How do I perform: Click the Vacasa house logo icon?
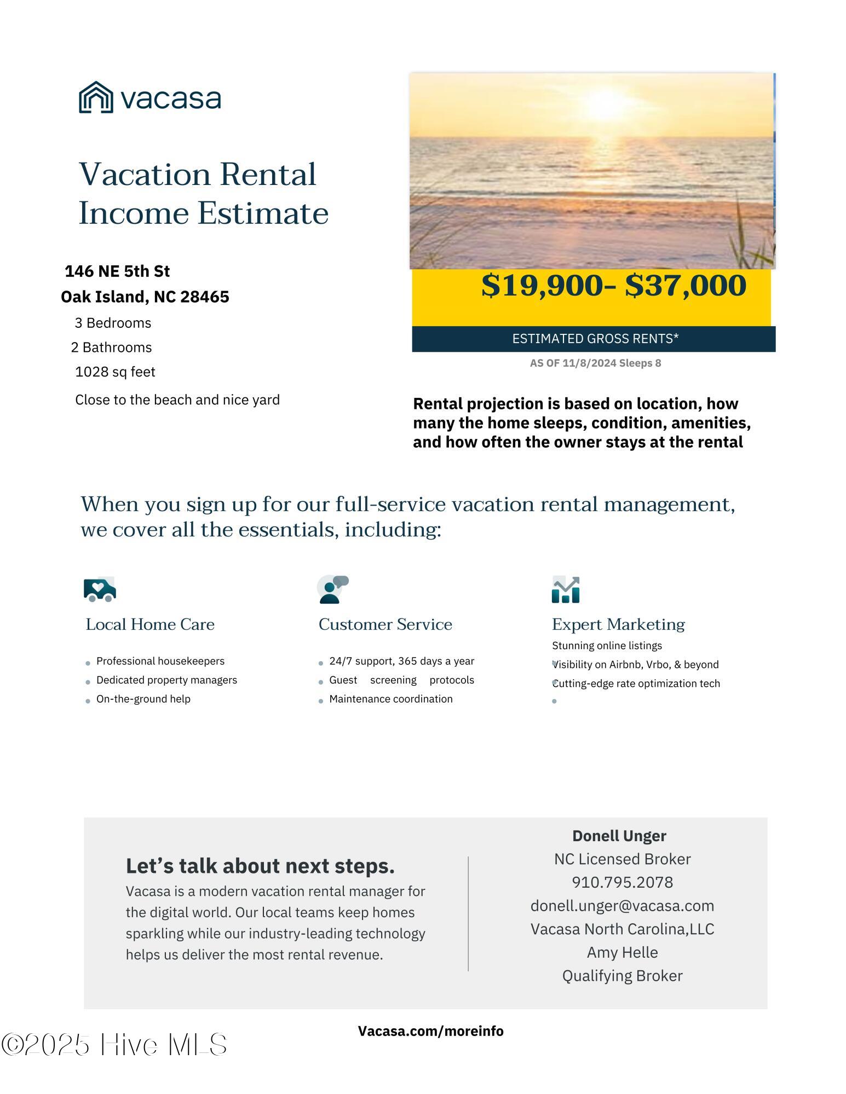(96, 97)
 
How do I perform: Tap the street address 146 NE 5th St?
(117, 271)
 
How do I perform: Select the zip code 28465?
(204, 297)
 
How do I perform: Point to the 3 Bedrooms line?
(113, 323)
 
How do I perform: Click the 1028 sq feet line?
(115, 372)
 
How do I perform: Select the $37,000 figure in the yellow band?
(685, 286)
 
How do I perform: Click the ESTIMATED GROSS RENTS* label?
(595, 339)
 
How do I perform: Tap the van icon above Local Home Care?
(100, 589)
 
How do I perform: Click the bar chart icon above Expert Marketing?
(566, 589)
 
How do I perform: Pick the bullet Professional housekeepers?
(160, 661)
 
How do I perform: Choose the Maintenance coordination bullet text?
(390, 699)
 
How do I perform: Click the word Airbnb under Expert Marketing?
(612, 664)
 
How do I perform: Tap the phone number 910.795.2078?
(622, 882)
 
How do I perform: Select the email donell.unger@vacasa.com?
(622, 906)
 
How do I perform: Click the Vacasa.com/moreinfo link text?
(430, 1031)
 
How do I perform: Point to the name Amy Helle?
(622, 952)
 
